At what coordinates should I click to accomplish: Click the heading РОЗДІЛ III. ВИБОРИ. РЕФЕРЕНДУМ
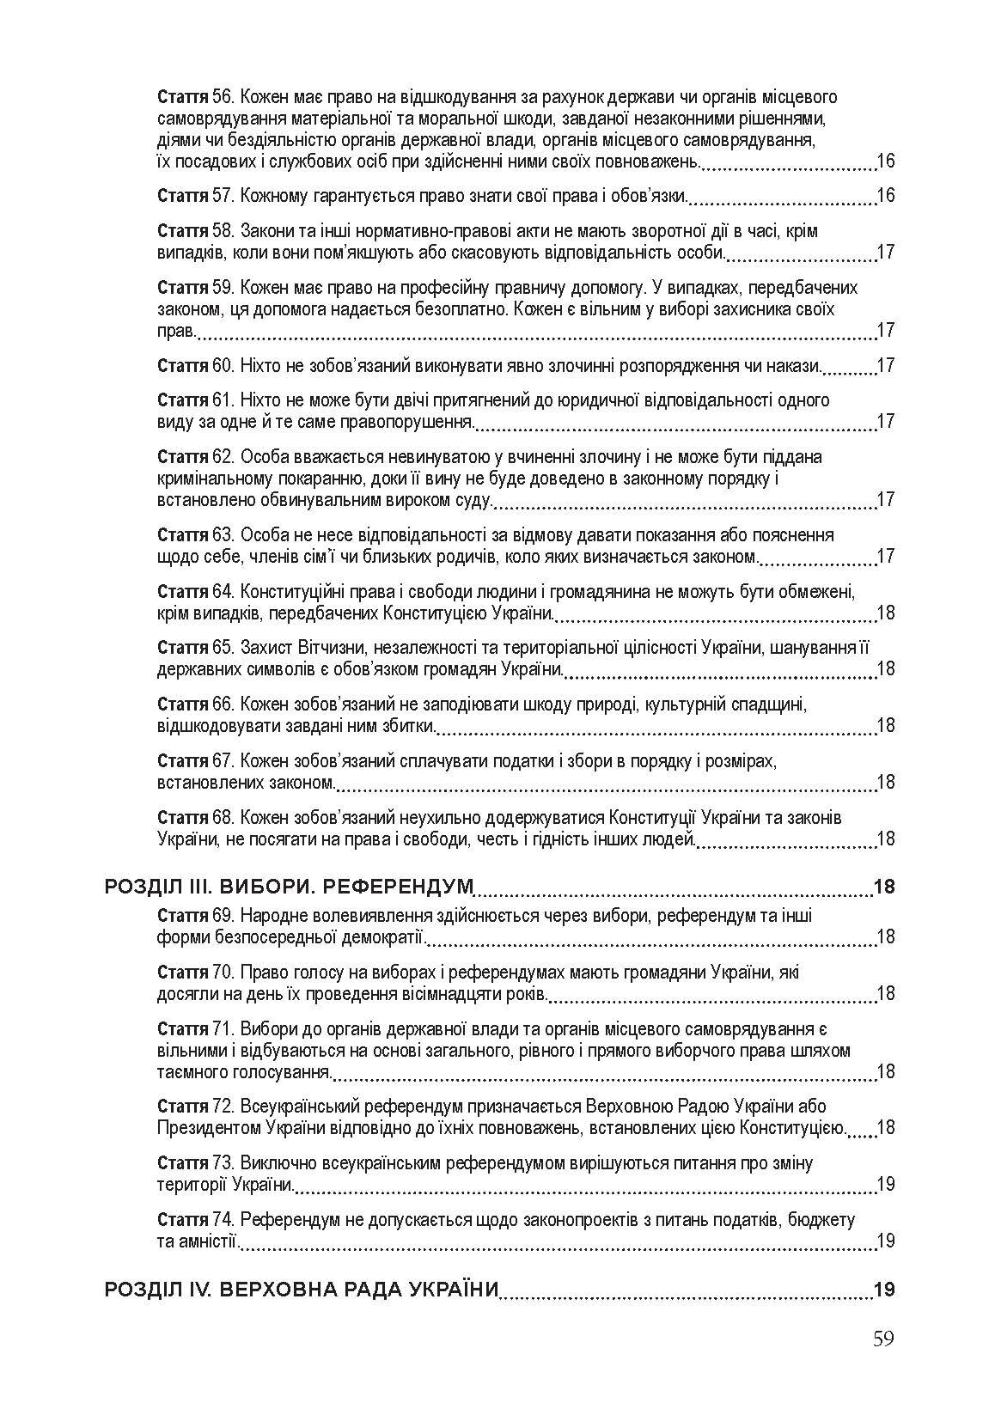click(289, 886)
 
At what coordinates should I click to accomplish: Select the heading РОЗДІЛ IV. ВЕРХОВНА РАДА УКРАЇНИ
click(302, 1290)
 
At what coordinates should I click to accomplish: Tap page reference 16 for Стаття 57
click(885, 196)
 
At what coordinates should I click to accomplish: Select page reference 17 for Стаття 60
click(885, 365)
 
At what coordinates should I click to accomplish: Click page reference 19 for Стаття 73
click(885, 1184)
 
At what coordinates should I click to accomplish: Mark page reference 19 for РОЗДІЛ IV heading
click(883, 1290)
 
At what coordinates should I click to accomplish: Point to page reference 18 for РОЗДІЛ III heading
click(883, 886)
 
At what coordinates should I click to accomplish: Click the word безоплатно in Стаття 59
click(494, 309)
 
